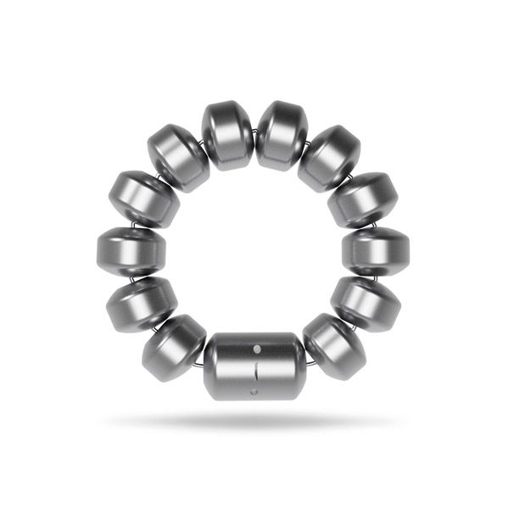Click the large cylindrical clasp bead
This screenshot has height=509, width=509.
point(255,366)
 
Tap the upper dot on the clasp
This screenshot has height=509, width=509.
point(255,348)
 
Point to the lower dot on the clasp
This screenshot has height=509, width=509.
point(255,392)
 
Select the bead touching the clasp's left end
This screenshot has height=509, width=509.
point(176,348)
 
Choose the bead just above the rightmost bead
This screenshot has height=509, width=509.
point(365,199)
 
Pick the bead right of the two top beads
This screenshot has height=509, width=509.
point(330,158)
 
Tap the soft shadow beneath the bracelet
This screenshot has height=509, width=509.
point(255,421)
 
